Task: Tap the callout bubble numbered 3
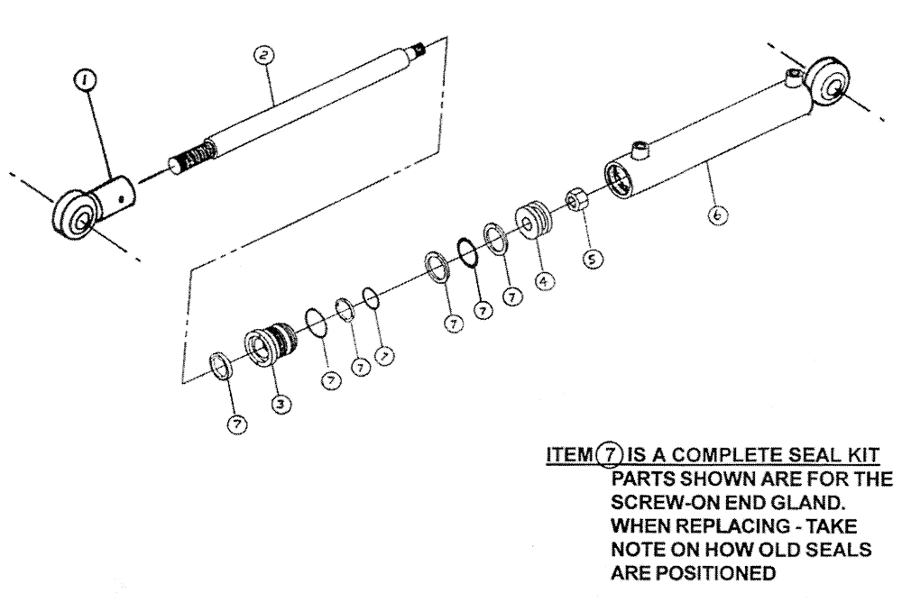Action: pos(281,405)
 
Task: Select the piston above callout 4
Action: pos(531,223)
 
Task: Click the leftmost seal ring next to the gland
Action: pos(220,366)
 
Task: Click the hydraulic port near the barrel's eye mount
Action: pos(791,77)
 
